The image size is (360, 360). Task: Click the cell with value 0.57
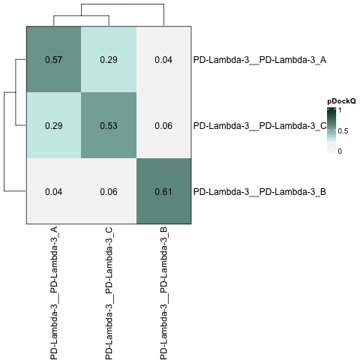point(54,59)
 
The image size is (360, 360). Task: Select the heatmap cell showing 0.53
point(109,125)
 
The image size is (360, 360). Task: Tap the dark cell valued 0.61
point(163,191)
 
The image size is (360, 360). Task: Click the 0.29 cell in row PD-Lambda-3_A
point(109,59)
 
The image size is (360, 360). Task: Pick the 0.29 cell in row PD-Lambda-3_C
point(54,125)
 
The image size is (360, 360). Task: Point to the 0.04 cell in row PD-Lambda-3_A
point(163,59)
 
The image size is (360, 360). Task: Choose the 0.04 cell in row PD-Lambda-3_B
point(54,191)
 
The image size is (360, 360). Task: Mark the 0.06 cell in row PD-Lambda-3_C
point(163,125)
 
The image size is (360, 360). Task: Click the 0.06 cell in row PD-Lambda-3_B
point(109,191)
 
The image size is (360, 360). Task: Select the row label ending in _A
point(259,60)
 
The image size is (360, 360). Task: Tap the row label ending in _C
point(259,126)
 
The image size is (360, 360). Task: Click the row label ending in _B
point(259,192)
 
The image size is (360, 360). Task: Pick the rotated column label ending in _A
point(54,293)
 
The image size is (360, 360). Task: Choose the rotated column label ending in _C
point(109,293)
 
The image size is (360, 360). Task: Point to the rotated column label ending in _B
point(163,293)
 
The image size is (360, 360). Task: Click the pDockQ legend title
point(341,101)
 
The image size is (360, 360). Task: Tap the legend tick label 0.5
point(343,131)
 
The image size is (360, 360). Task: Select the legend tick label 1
point(340,110)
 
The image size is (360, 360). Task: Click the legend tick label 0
point(340,151)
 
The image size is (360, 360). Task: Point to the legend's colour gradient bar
point(331,130)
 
